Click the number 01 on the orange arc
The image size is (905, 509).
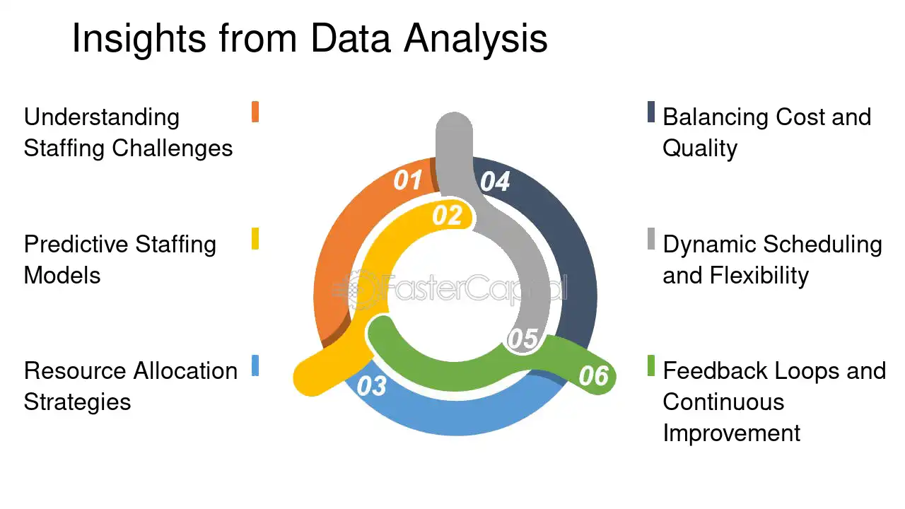407,180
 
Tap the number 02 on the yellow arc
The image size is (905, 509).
446,216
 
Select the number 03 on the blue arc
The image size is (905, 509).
371,386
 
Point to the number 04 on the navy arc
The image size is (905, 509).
495,182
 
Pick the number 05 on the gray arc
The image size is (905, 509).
522,339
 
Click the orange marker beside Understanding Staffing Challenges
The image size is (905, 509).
255,112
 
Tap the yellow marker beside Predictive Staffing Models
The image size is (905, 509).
255,239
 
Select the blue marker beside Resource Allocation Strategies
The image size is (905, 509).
255,365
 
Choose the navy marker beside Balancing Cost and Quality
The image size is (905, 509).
651,112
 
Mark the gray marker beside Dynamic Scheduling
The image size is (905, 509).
651,239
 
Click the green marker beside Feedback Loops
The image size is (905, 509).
651,365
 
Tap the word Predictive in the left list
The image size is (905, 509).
76,245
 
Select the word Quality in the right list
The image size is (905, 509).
700,148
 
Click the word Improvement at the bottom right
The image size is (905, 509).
731,433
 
